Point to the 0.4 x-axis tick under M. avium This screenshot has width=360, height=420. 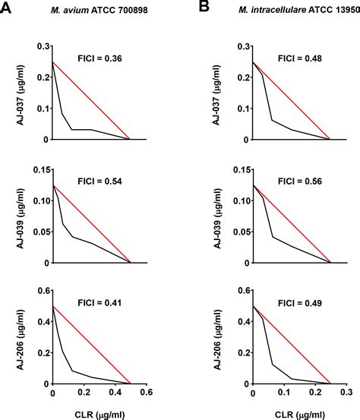115,394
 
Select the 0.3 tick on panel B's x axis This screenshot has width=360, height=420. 346,394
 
